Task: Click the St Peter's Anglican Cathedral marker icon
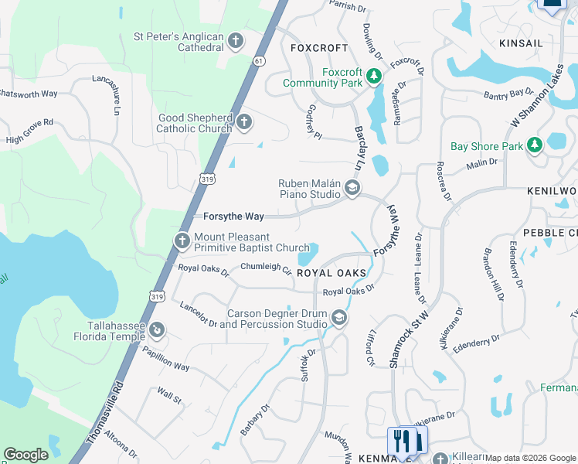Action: click(x=236, y=42)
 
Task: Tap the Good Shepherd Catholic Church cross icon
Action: click(x=244, y=122)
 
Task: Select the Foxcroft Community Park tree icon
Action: click(x=374, y=76)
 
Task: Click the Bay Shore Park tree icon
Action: click(x=534, y=145)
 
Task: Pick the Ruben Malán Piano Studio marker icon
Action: click(x=352, y=189)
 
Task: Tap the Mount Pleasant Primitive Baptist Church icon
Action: click(x=182, y=241)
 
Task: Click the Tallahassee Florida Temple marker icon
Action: click(x=157, y=330)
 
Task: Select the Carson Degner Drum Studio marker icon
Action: click(x=339, y=318)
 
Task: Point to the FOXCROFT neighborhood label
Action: click(x=319, y=48)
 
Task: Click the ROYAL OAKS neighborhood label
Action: click(x=331, y=273)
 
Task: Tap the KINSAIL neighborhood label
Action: click(x=521, y=43)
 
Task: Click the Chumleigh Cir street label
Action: click(x=265, y=268)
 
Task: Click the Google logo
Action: click(x=25, y=455)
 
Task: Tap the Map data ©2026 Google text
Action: click(x=531, y=458)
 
